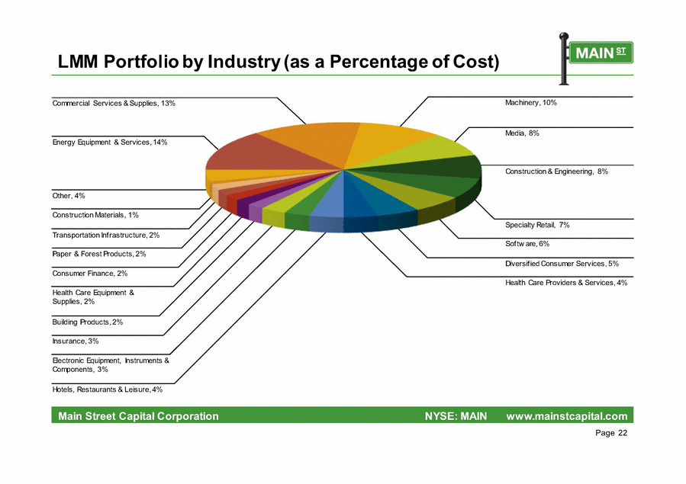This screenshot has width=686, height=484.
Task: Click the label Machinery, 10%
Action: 530,102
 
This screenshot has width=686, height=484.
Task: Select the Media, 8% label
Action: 522,133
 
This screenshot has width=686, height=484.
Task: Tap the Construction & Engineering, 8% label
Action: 556,171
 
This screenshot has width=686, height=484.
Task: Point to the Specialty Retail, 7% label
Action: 537,225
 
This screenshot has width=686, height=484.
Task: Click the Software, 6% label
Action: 527,244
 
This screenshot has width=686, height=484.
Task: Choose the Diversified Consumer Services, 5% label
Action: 562,264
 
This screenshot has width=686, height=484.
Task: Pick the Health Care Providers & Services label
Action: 565,283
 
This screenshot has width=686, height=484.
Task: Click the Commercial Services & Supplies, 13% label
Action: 114,102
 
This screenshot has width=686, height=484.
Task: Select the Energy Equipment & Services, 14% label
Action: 109,142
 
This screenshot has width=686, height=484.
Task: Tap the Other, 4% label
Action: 68,196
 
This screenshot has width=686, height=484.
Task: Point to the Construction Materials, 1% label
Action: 95,216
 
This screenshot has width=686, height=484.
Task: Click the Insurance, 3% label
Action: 76,341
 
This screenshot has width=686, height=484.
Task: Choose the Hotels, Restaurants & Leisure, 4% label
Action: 107,389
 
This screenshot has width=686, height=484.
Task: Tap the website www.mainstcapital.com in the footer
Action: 567,416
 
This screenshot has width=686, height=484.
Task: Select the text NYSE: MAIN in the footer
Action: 456,416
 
